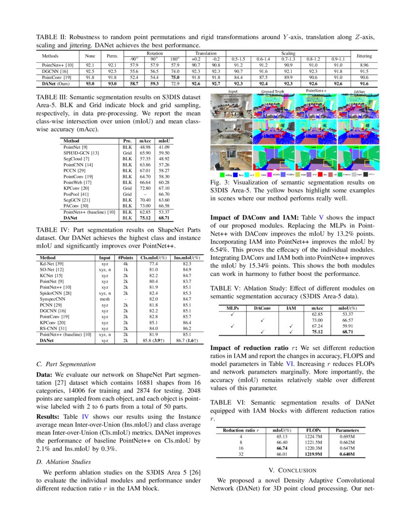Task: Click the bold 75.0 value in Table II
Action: [176, 77]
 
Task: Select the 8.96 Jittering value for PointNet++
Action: [364, 64]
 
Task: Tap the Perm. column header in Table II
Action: [112, 56]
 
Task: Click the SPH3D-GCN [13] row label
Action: [81, 152]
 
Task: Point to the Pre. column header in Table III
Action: [127, 140]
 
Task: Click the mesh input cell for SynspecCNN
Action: [104, 299]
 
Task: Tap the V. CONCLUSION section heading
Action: [292, 470]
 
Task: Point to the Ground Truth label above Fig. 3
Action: [273, 91]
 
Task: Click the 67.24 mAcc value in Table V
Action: [317, 326]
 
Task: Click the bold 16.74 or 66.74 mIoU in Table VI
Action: [281, 447]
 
